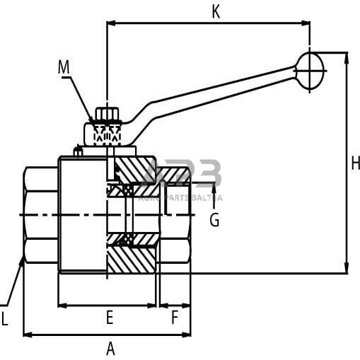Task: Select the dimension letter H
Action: pos(355,163)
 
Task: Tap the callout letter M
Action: pos(64,67)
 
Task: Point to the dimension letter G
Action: pos(214,220)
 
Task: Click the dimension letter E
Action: pos(110,318)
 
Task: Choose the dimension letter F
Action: pos(175,318)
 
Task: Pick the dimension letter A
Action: pos(110,348)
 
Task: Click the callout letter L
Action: pos(5,320)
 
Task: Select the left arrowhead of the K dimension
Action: pos(110,23)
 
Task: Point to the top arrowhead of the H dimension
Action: pos(346,57)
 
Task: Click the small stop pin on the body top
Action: pos(79,151)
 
